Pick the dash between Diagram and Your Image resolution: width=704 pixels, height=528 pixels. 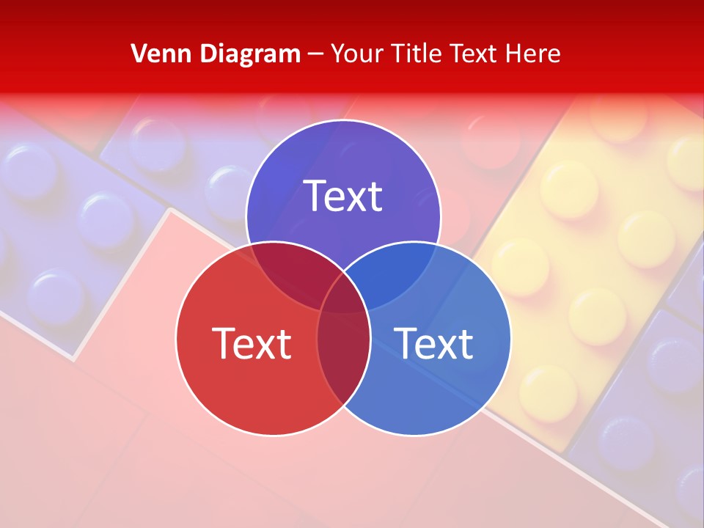pyautogui.click(x=315, y=54)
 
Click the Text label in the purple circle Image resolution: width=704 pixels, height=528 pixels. pyautogui.click(x=343, y=197)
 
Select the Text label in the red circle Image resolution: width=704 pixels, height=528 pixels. pyautogui.click(x=252, y=343)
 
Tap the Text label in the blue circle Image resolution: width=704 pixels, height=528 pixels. pyautogui.click(x=433, y=343)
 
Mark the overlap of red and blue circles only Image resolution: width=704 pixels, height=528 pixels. pyautogui.click(x=343, y=359)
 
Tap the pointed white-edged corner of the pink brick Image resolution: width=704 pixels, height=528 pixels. pyautogui.click(x=171, y=210)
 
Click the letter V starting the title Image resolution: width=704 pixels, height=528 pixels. pyautogui.click(x=139, y=54)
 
